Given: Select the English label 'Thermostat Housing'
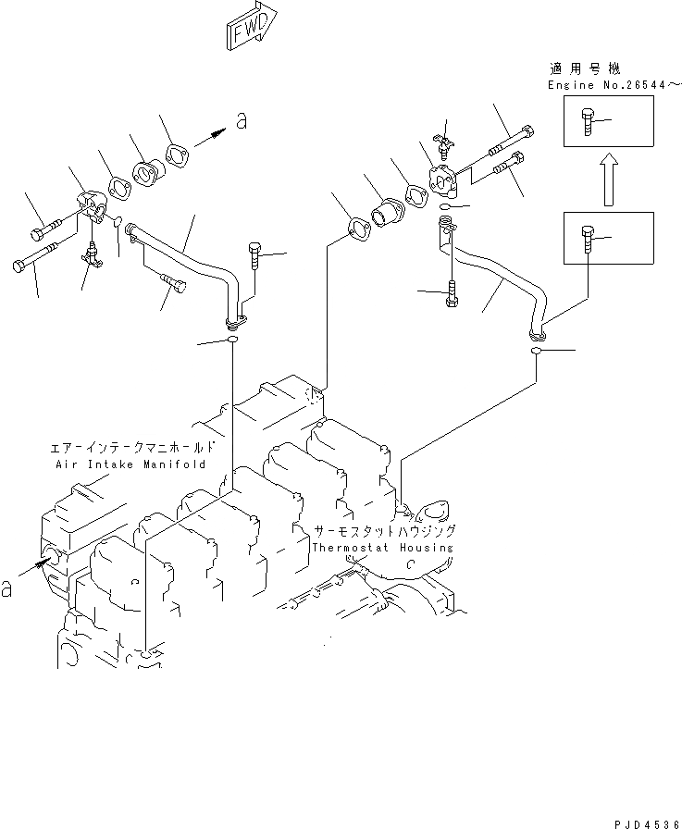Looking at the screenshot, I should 382,548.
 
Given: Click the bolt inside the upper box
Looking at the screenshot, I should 589,120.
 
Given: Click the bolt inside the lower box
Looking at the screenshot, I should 589,238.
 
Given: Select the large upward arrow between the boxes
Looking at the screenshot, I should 607,179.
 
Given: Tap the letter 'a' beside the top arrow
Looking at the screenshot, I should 242,121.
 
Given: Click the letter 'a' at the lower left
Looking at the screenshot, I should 7,588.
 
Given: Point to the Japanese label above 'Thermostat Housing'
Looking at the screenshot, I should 383,532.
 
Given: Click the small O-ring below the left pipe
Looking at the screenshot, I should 231,342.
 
